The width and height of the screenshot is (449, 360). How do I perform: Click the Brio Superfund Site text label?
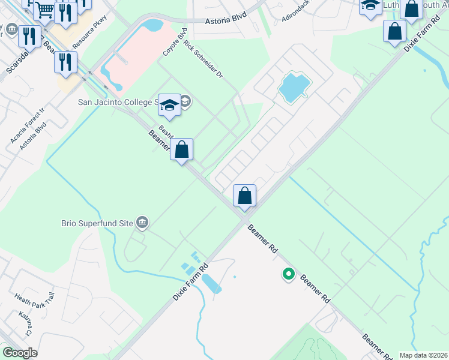click(x=97, y=223)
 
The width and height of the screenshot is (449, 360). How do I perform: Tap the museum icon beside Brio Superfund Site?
click(x=142, y=223)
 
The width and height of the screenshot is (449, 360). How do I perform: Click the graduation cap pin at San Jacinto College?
click(x=169, y=105)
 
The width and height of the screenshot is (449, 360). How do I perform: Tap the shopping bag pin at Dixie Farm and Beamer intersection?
click(x=244, y=196)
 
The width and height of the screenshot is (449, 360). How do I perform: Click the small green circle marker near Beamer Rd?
click(x=289, y=274)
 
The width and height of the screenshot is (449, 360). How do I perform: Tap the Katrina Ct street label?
click(x=25, y=323)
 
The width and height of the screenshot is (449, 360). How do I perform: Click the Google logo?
click(x=20, y=353)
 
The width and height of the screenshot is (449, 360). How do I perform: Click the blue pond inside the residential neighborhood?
click(x=294, y=87)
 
